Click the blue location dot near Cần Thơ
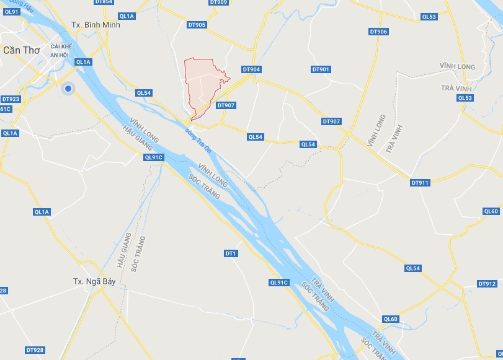(x=68, y=89)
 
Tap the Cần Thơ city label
(x=22, y=50)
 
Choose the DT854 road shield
(x=104, y=2)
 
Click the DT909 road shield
(x=218, y=2)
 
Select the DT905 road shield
(x=197, y=25)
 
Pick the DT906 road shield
(x=378, y=32)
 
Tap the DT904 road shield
(x=251, y=69)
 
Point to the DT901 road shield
(x=321, y=69)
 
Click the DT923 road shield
(x=11, y=99)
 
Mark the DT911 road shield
(x=420, y=183)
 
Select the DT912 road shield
(x=487, y=284)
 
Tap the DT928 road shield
(x=35, y=350)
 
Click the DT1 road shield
(x=231, y=253)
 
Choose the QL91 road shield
(x=12, y=12)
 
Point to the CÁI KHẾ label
(x=63, y=46)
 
